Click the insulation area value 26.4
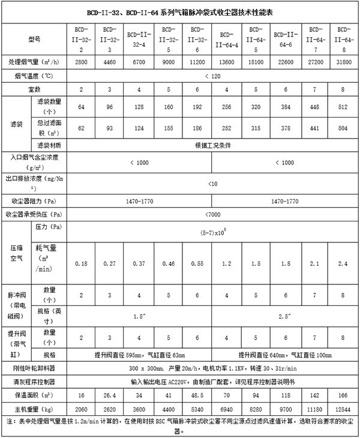110,395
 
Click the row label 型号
34,40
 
